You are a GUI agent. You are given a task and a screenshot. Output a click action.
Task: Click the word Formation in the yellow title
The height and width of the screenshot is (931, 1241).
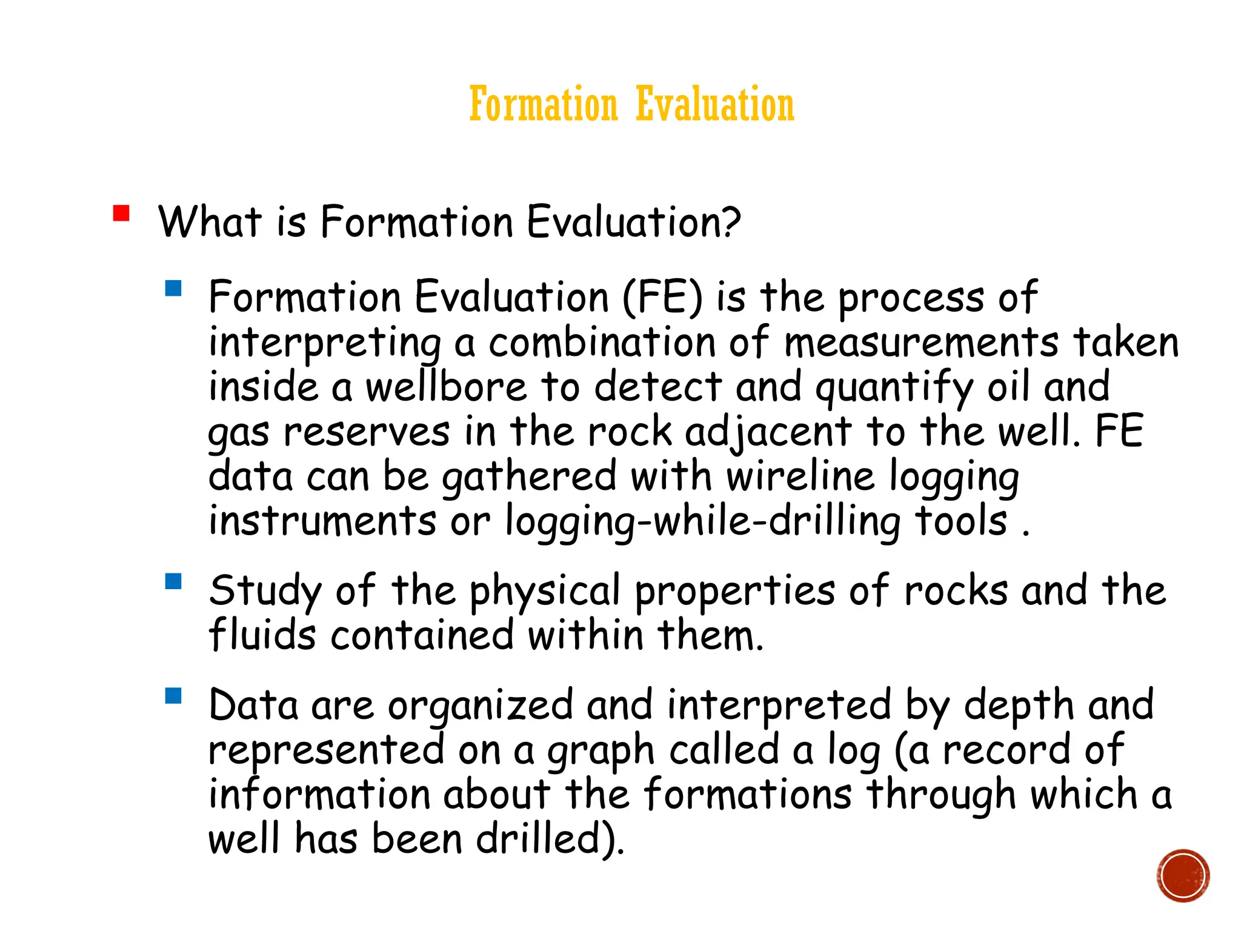click(x=544, y=104)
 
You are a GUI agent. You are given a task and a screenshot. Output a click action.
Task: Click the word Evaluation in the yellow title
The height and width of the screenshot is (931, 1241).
click(x=715, y=104)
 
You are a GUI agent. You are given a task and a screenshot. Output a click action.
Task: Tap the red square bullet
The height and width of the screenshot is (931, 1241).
click(x=121, y=214)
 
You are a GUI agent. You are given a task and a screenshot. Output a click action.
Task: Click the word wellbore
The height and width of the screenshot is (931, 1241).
click(x=447, y=387)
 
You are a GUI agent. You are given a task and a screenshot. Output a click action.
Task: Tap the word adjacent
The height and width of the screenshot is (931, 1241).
click(x=768, y=433)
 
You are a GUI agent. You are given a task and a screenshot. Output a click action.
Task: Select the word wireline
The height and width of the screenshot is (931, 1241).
click(x=800, y=476)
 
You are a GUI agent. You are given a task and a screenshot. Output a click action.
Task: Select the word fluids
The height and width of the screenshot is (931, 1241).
click(x=262, y=636)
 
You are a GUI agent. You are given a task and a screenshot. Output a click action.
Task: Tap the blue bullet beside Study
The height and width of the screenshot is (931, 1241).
click(x=173, y=582)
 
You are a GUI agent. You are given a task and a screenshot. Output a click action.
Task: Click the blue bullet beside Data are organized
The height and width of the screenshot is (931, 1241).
click(x=173, y=695)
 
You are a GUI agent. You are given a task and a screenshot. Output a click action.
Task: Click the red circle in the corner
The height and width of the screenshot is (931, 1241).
click(x=1182, y=876)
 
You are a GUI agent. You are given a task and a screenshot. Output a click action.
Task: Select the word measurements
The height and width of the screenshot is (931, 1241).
click(x=921, y=343)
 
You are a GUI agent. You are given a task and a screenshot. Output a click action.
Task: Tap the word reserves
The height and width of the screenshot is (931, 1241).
click(x=367, y=433)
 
